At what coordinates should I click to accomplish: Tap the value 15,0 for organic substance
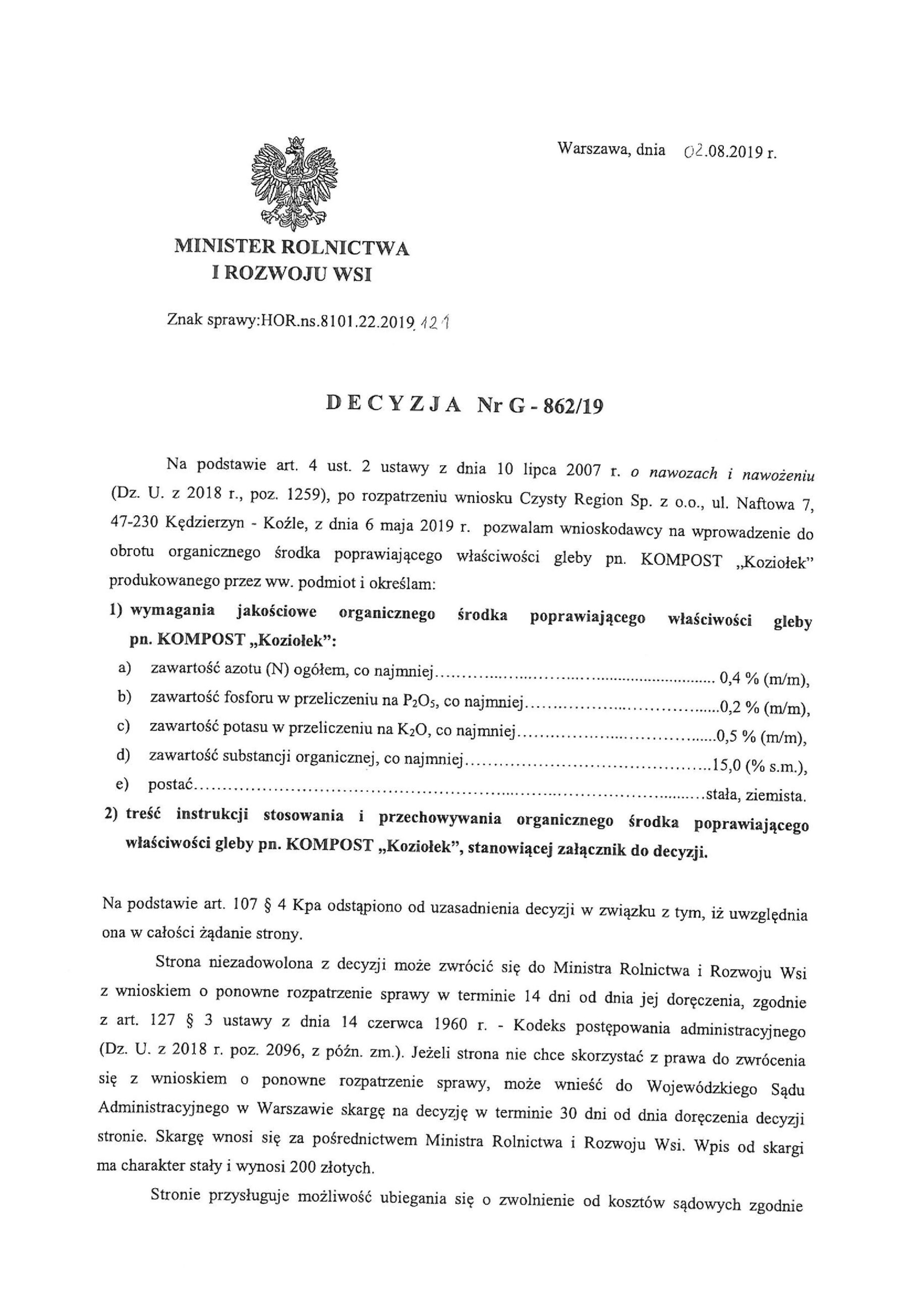pyautogui.click(x=726, y=766)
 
